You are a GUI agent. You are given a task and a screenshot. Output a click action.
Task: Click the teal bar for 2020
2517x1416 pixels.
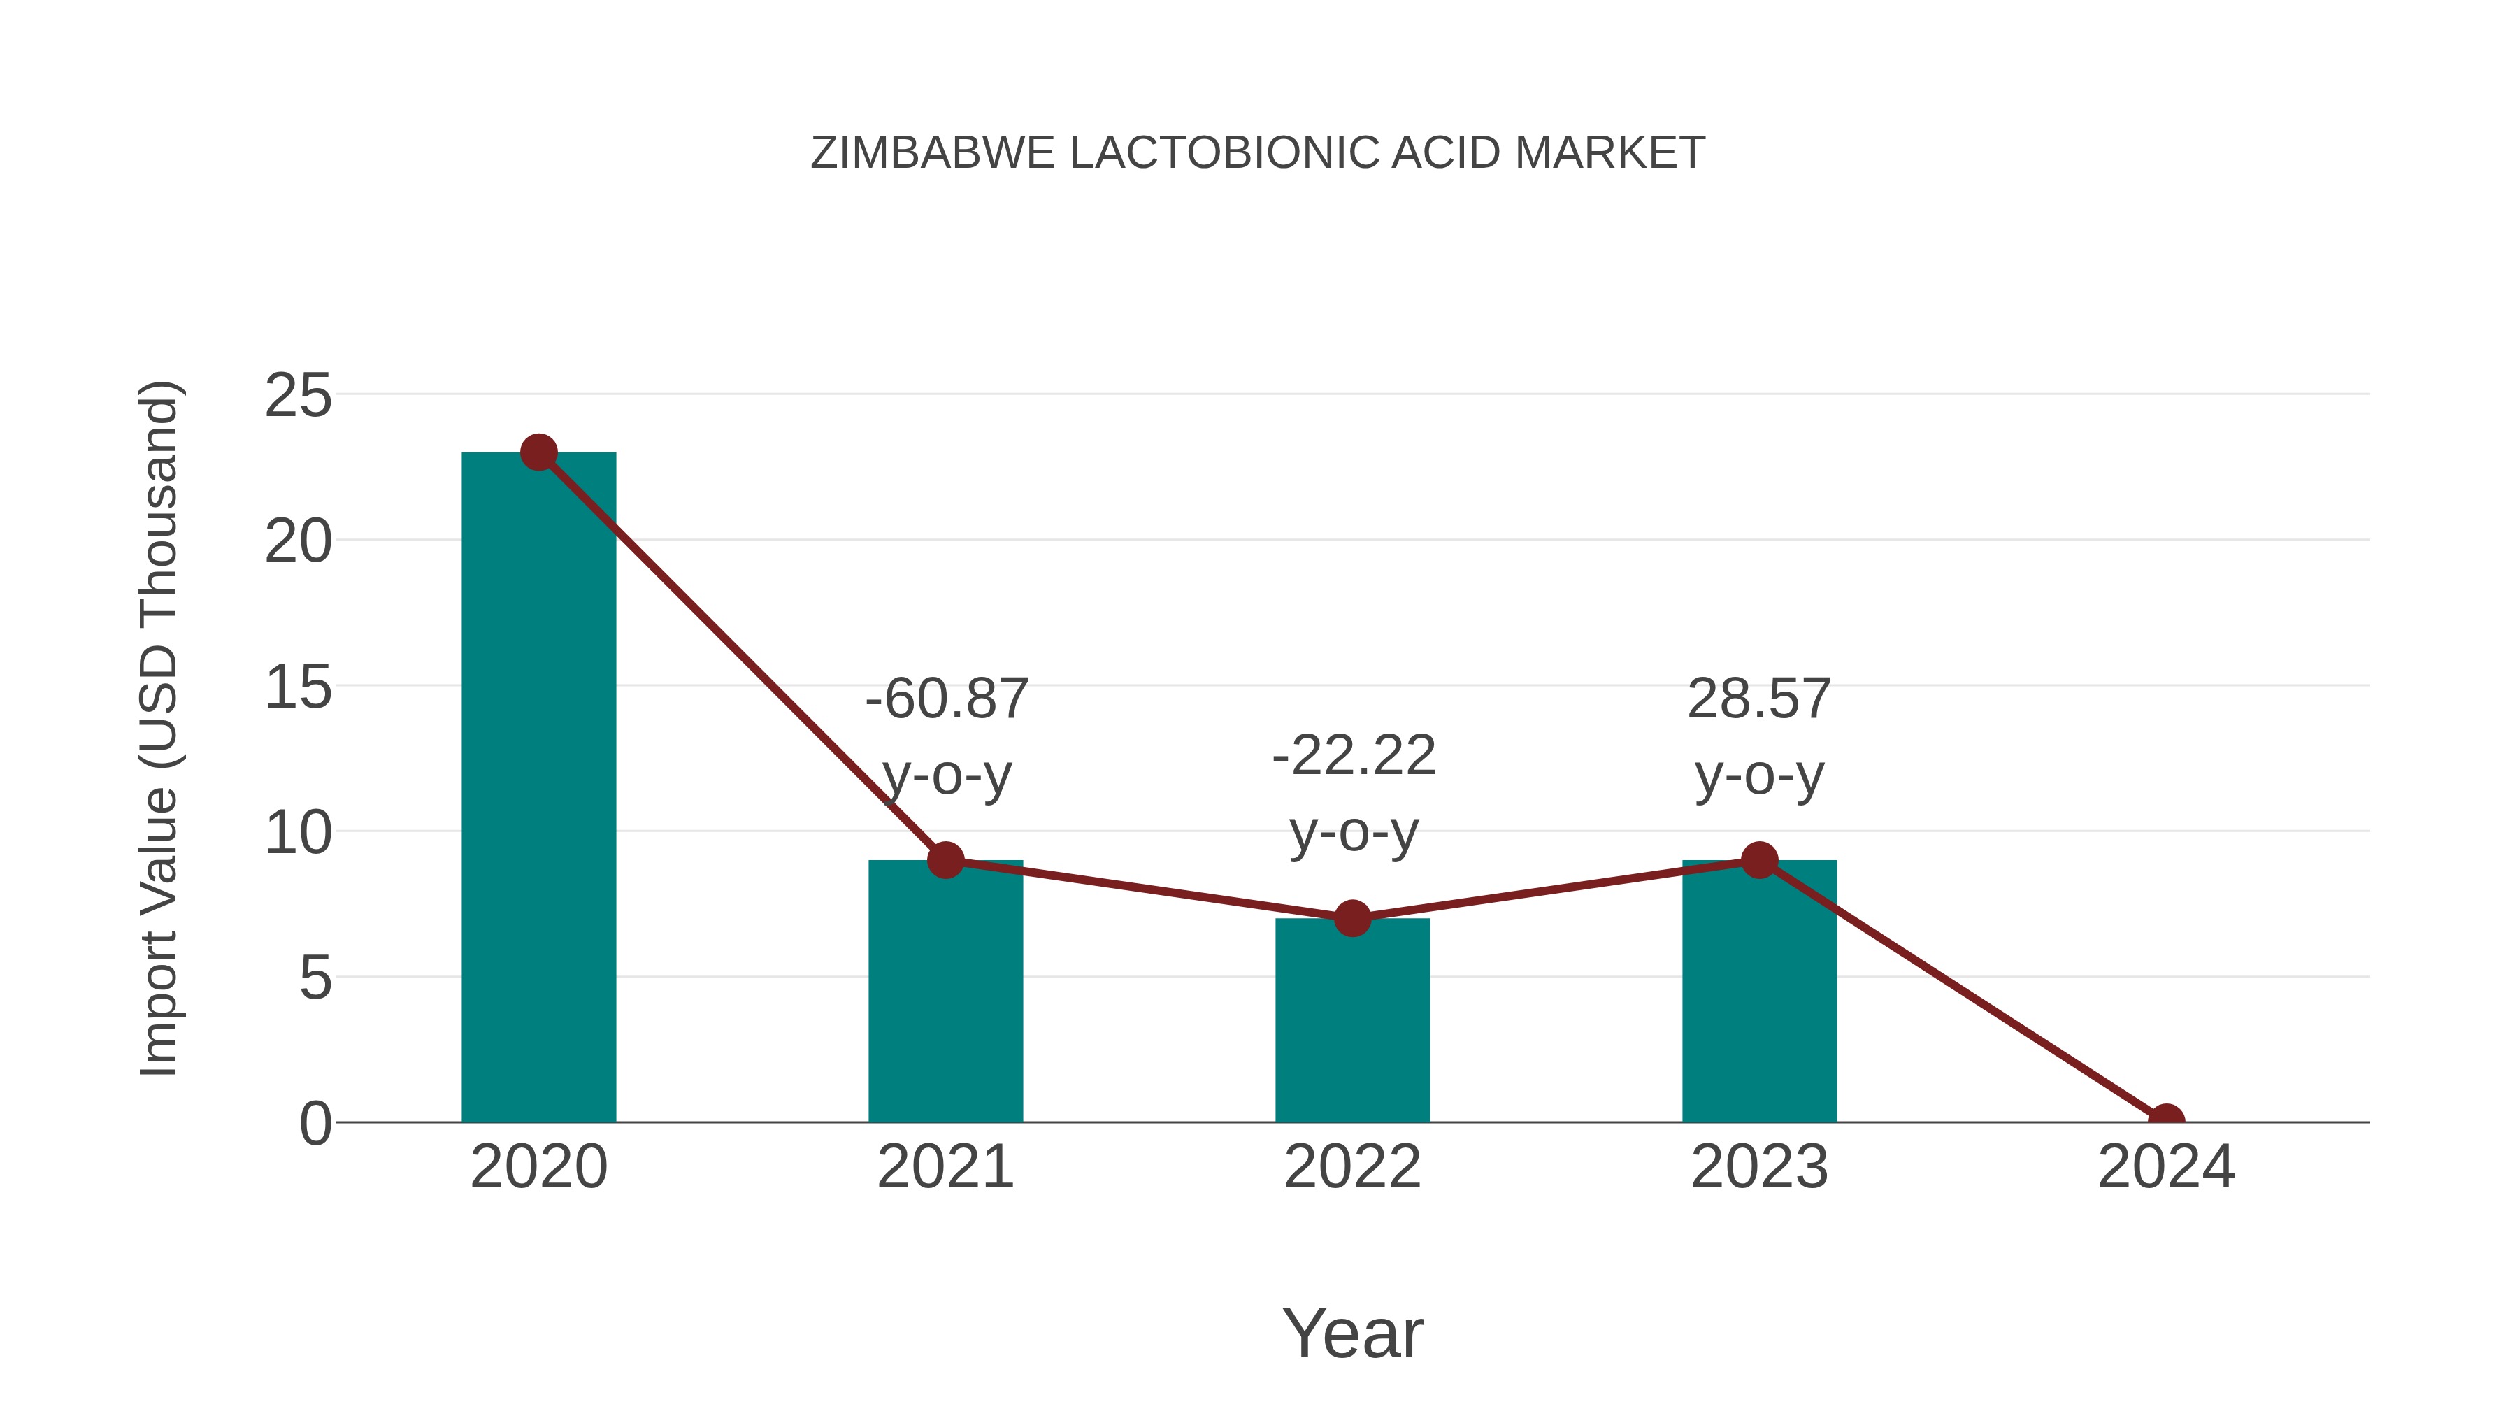click(538, 787)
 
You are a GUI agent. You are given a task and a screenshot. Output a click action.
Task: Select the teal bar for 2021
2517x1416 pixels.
click(945, 991)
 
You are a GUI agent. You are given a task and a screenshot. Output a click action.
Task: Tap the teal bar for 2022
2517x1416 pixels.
click(1352, 1020)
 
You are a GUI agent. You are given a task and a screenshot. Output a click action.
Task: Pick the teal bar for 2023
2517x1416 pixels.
click(1759, 991)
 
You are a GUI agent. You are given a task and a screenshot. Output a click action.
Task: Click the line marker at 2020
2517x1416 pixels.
click(538, 452)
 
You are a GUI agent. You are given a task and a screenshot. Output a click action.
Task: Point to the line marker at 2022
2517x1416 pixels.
click(1352, 919)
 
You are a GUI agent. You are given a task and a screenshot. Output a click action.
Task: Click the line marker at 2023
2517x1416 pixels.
click(1759, 860)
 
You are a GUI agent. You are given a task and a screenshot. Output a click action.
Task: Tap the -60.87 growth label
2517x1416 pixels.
click(947, 700)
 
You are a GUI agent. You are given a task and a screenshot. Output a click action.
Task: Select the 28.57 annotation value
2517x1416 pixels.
click(1759, 700)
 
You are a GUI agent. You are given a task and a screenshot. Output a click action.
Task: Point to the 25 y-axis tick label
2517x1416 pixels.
click(298, 396)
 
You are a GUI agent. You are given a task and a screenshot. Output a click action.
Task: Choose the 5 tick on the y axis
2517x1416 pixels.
click(315, 978)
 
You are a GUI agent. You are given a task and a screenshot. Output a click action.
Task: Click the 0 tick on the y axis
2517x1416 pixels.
click(315, 1124)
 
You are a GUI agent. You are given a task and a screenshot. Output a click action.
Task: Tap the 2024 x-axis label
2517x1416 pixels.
click(2166, 1167)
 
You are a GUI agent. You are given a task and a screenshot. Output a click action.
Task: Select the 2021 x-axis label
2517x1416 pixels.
click(945, 1167)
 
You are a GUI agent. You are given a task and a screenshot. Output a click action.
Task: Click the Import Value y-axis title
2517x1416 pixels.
click(158, 728)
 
